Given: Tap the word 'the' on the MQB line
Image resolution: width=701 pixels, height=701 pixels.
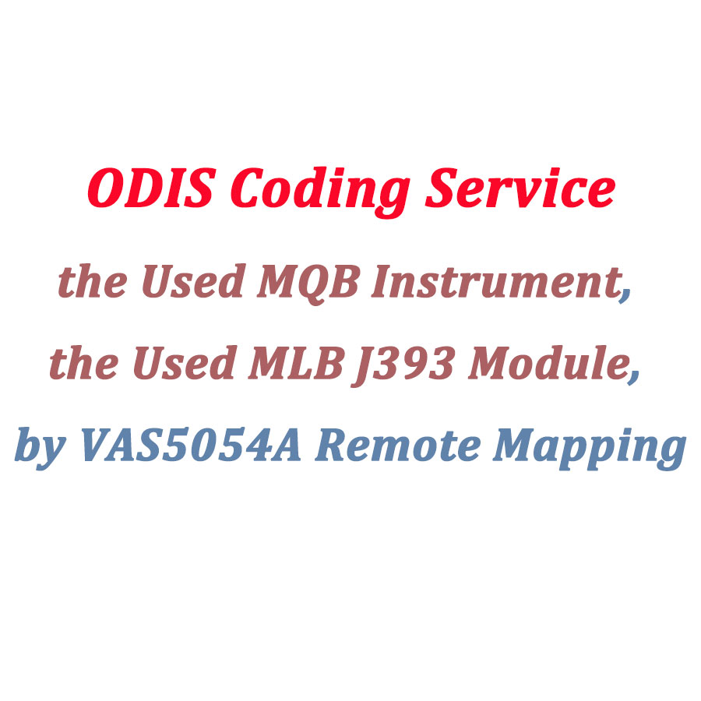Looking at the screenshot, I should tap(90, 283).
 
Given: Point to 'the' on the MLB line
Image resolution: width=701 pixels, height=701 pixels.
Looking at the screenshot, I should tap(80, 365).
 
